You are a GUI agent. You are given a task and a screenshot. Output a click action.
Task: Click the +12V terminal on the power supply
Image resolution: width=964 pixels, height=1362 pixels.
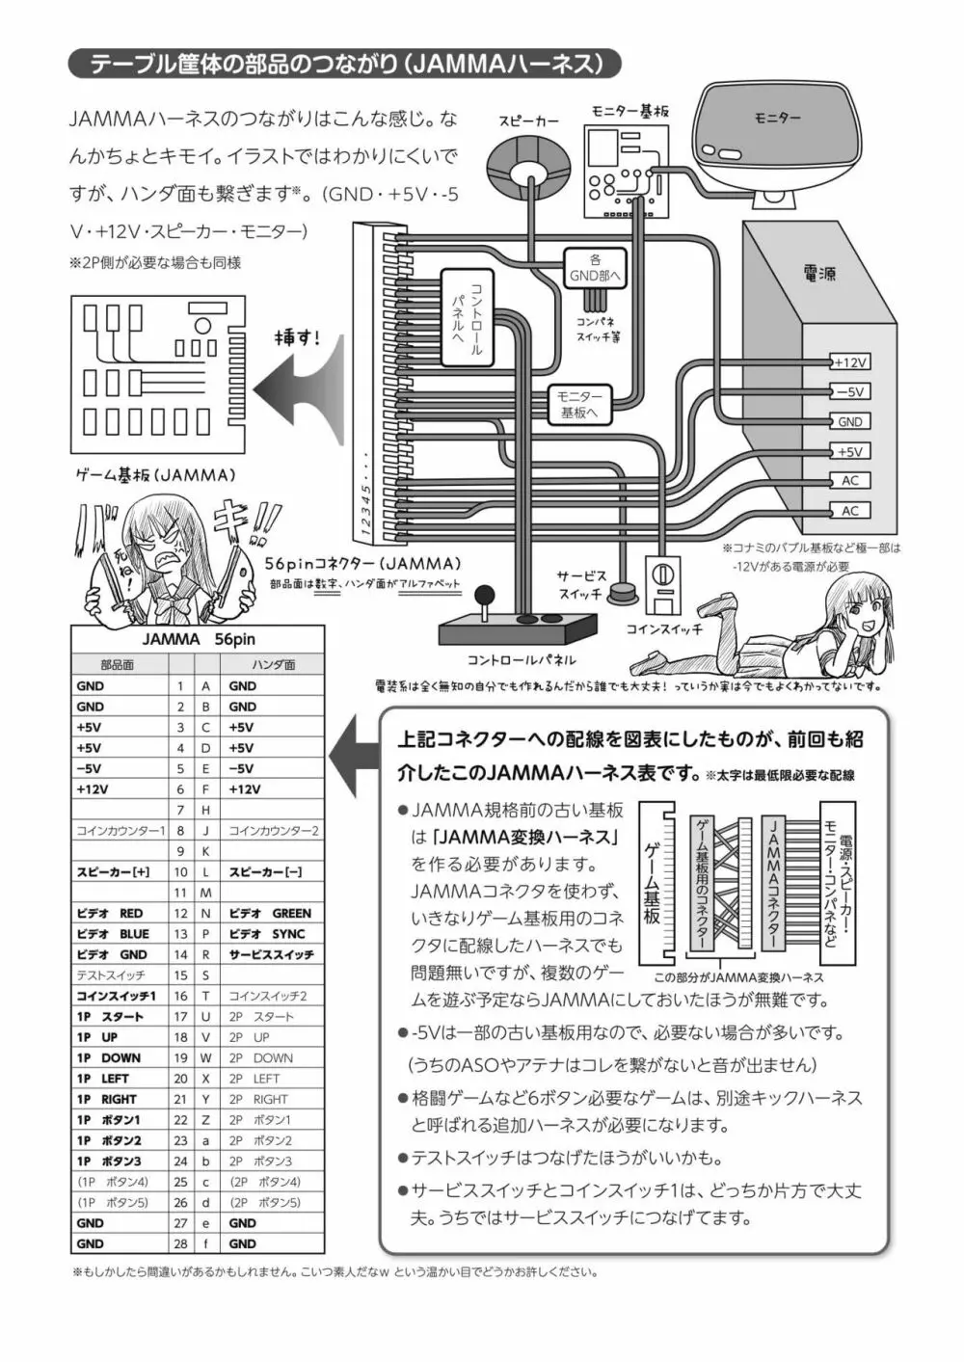click(850, 362)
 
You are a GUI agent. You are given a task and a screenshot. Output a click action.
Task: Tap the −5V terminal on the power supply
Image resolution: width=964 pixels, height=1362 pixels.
click(850, 392)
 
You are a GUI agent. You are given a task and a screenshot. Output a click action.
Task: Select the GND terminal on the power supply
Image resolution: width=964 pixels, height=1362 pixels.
click(850, 422)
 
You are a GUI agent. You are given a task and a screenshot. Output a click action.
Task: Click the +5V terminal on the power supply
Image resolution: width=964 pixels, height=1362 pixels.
click(850, 451)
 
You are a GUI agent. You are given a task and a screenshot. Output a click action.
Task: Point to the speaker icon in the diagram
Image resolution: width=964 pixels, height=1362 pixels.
click(528, 168)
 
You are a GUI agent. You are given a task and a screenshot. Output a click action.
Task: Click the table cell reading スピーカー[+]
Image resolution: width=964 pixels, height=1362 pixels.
click(113, 872)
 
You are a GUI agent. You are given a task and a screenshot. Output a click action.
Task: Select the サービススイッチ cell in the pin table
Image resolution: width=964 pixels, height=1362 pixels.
click(271, 954)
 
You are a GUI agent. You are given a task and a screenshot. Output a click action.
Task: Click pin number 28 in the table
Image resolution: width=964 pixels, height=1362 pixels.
click(180, 1243)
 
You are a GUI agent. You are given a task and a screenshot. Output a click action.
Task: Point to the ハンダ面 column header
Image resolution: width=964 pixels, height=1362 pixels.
click(273, 665)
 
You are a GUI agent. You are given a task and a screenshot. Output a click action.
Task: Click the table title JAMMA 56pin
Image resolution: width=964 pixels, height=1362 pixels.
click(199, 639)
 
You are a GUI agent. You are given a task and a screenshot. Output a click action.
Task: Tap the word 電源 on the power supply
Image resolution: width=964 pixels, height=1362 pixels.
click(818, 274)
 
